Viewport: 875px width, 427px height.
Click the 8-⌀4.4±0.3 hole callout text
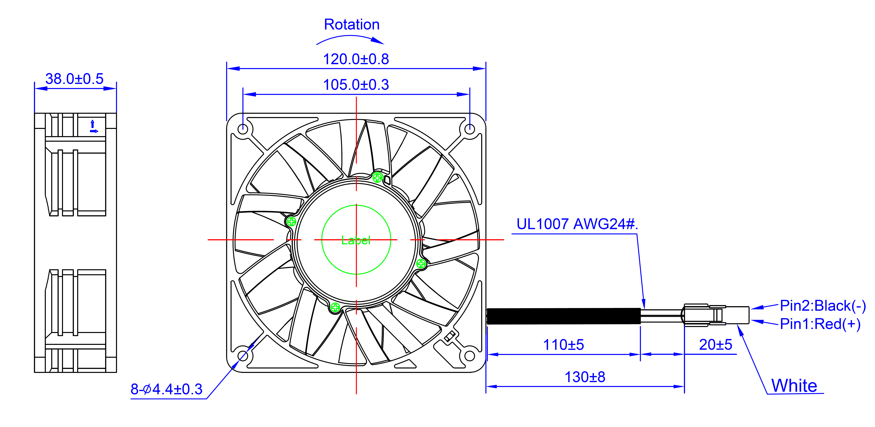pos(166,389)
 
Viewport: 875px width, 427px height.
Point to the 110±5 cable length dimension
pos(563,345)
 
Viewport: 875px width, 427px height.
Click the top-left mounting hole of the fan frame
pos(243,129)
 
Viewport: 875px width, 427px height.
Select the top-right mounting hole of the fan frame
pos(469,129)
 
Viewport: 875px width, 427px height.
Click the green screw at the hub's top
pos(377,177)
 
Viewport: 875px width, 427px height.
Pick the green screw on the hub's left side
pos(291,222)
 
